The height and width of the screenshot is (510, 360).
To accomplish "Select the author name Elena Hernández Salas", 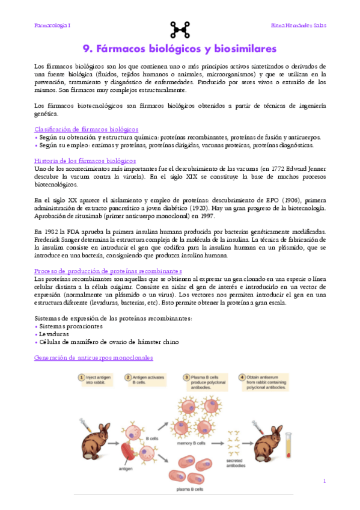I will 298,26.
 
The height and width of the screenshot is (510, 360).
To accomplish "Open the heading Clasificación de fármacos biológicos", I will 87,129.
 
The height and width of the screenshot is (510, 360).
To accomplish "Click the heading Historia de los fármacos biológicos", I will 85,161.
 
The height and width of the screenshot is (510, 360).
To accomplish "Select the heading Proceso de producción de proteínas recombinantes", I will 108,271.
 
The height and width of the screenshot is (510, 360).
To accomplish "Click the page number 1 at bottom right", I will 324,481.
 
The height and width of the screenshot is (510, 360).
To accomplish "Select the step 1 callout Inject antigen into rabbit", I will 97,379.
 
